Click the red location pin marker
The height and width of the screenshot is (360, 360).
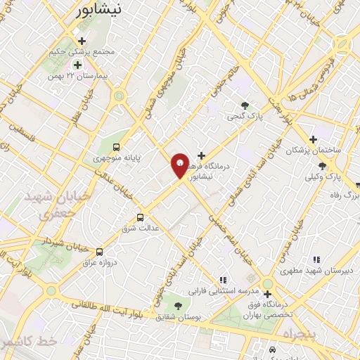tap(180, 165)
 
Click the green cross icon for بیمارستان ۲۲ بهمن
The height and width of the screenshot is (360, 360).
tap(78, 65)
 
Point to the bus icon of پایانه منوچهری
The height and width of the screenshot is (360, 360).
tap(116, 147)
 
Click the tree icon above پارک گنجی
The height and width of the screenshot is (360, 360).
tap(245, 105)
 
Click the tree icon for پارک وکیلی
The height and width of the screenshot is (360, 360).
tap(322, 166)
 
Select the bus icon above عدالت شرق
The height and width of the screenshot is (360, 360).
tap(140, 217)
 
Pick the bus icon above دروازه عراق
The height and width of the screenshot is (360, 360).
tap(99, 251)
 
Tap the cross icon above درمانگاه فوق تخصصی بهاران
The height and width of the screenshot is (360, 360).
tap(267, 294)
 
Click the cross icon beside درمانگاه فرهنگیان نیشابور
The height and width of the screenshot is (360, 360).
tap(201, 155)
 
